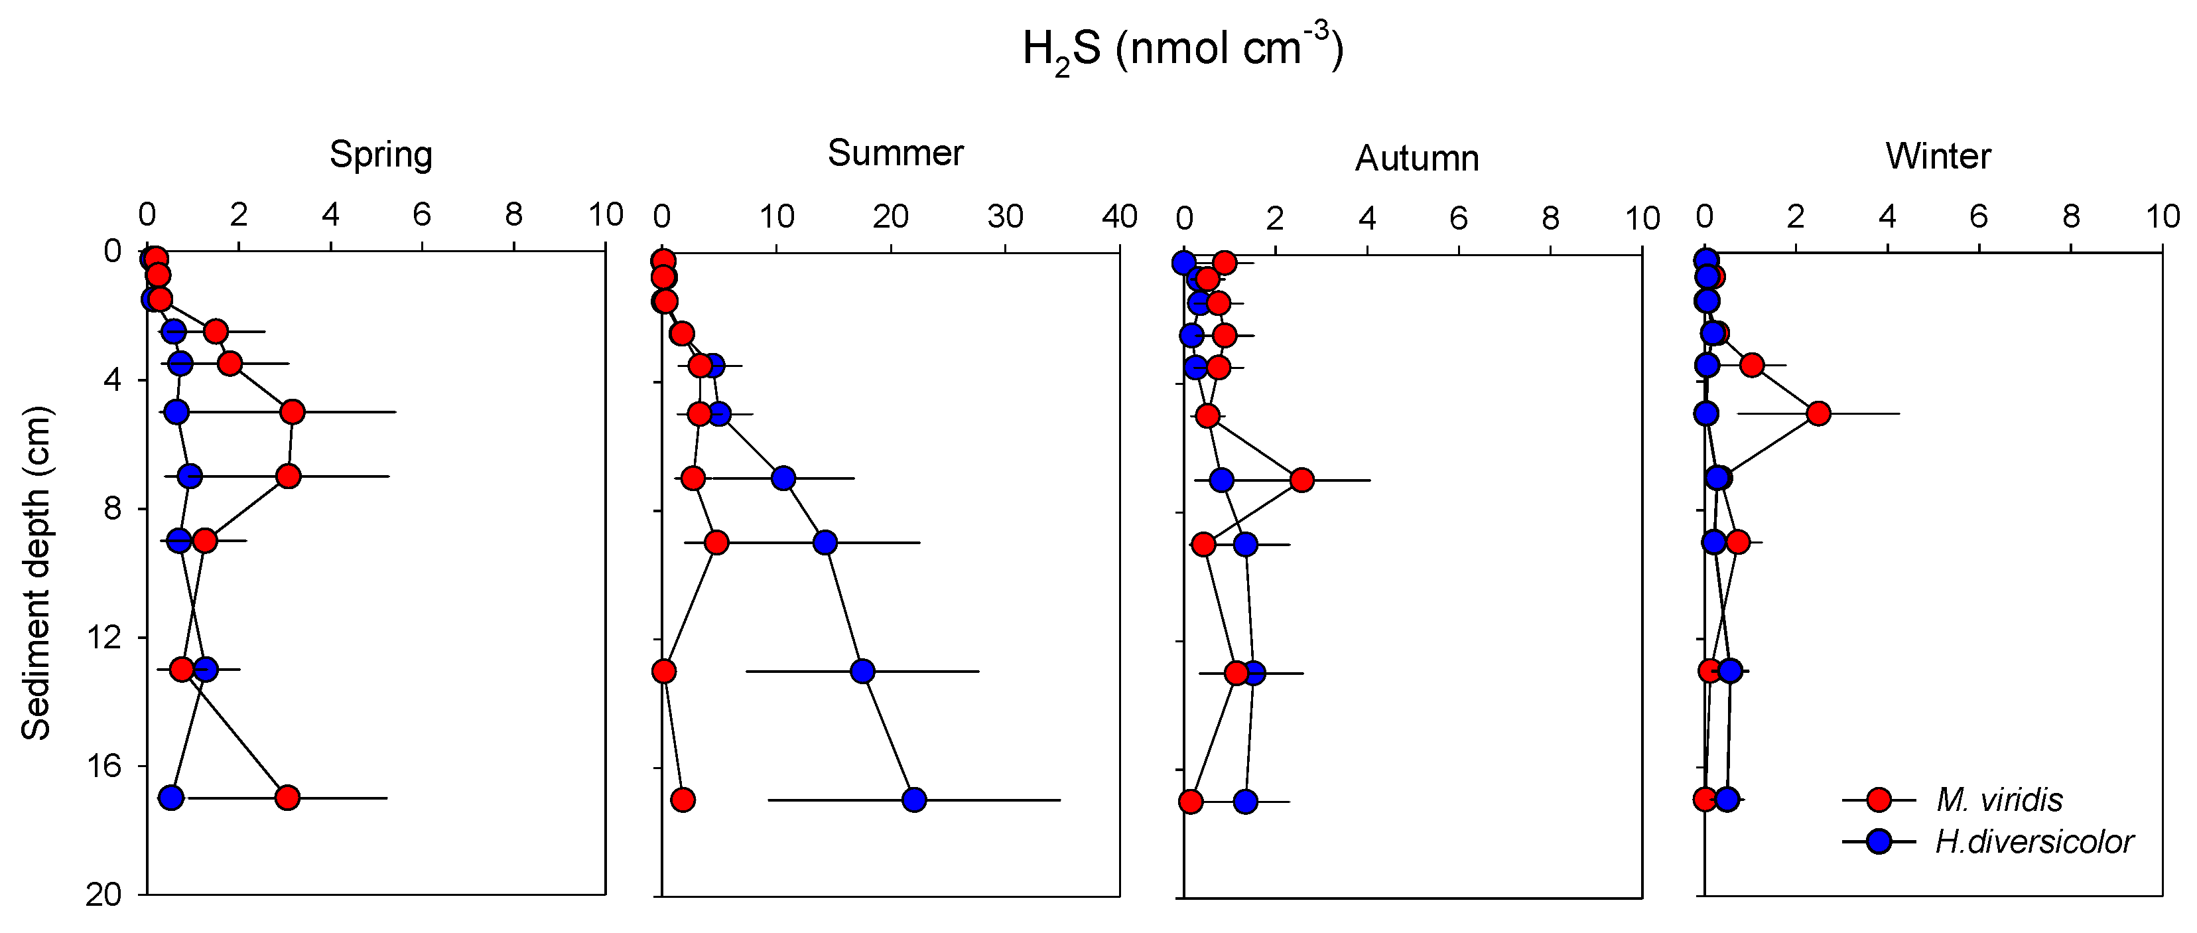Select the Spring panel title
pos(381,155)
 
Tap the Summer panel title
pos(895,153)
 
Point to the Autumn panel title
pos(1417,159)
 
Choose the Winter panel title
pos(1938,156)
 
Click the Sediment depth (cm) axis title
pos(36,574)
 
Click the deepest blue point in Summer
pos(913,800)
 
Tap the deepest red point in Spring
pos(287,798)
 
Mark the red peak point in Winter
pos(1818,413)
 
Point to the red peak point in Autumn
pos(1301,480)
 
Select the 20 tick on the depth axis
pos(103,895)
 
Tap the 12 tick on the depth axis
pos(103,636)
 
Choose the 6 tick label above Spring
pos(421,215)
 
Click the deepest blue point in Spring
pos(171,798)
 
